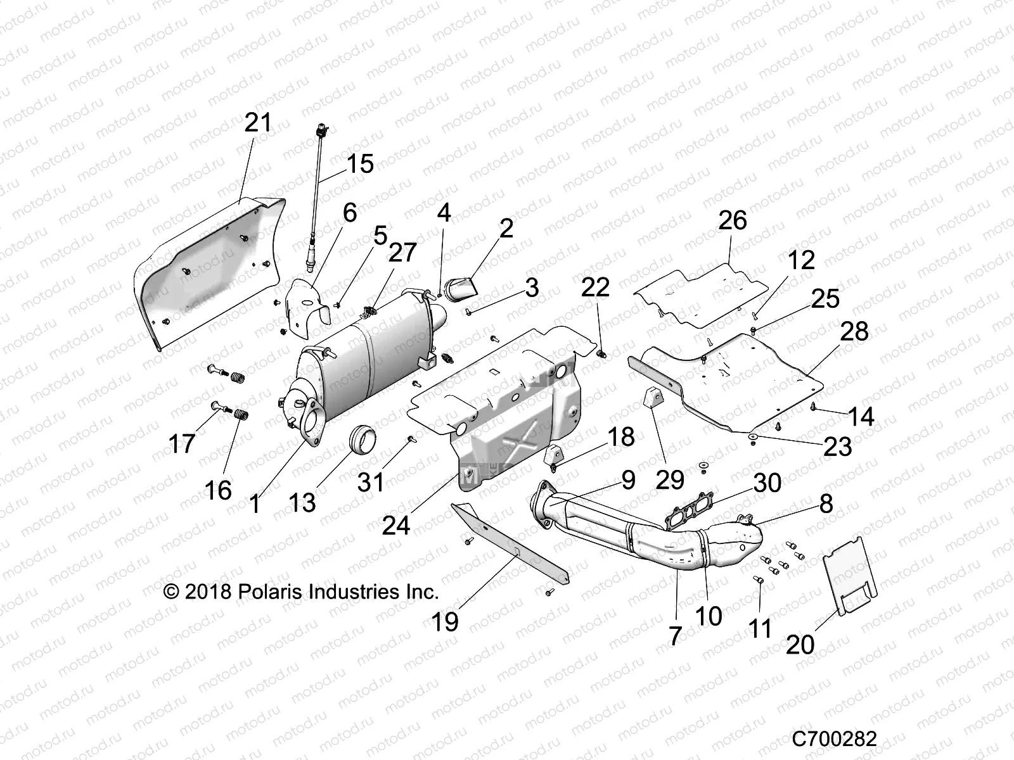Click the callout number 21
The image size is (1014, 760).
257,122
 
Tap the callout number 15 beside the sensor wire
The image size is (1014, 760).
359,164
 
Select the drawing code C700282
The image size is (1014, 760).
834,739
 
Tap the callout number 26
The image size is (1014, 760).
732,220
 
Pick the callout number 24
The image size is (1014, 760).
396,525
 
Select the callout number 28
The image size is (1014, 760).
854,331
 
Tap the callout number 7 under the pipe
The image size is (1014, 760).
675,635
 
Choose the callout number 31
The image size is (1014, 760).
371,482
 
